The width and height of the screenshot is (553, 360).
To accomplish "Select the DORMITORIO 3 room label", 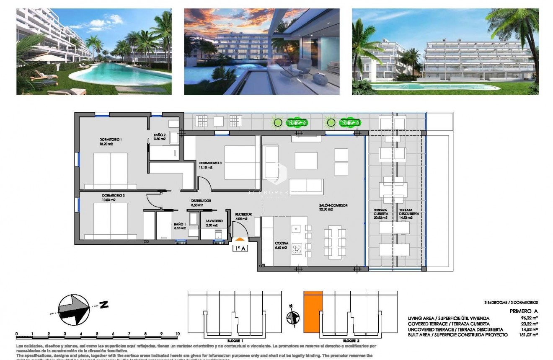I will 210,163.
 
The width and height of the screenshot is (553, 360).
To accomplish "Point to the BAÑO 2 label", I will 160,135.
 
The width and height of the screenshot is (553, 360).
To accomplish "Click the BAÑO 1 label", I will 180,225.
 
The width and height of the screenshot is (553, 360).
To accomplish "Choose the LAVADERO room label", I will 214,221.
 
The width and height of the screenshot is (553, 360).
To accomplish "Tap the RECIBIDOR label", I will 243,214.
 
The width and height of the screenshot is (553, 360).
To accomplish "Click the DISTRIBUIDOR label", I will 201,201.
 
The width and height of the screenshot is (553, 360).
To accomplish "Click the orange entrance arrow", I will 240,239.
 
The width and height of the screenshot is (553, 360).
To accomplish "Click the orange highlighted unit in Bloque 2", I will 313,312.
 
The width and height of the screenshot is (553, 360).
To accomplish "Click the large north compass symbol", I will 75,309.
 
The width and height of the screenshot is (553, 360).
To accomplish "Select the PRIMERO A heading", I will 523,311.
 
